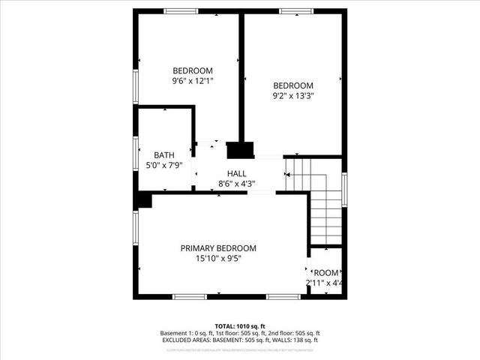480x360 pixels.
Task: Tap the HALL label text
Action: pyautogui.click(x=237, y=173)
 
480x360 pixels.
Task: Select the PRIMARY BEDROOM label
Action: pyautogui.click(x=218, y=248)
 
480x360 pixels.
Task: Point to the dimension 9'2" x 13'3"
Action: pyautogui.click(x=292, y=96)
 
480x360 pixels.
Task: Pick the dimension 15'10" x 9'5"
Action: pyautogui.click(x=218, y=259)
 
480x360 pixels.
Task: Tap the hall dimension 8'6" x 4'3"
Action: pyautogui.click(x=237, y=183)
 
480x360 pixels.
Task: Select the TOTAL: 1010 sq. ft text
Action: pyautogui.click(x=240, y=325)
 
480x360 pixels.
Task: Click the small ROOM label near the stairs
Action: pyautogui.click(x=325, y=273)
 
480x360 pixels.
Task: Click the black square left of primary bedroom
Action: pyautogui.click(x=143, y=200)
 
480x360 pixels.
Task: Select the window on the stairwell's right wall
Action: pyautogui.click(x=344, y=191)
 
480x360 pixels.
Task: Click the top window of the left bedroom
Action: pyautogui.click(x=181, y=10)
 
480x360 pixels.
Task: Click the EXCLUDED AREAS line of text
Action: pyautogui.click(x=240, y=340)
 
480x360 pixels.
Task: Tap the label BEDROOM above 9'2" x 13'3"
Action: pyautogui.click(x=292, y=85)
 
